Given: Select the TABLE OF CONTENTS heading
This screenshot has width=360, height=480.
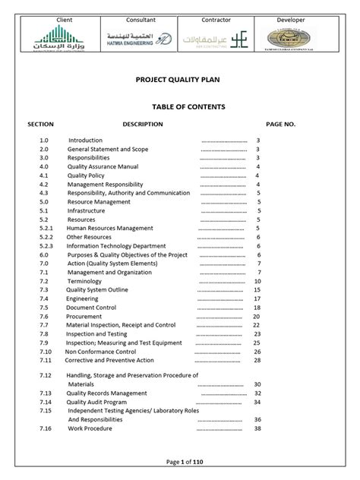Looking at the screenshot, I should click(x=180, y=107).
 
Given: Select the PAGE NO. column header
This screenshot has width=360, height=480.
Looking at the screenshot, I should click(x=280, y=123).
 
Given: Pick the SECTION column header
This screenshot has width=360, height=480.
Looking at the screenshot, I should click(x=40, y=123).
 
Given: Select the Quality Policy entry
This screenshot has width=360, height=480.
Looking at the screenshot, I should click(x=87, y=175).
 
